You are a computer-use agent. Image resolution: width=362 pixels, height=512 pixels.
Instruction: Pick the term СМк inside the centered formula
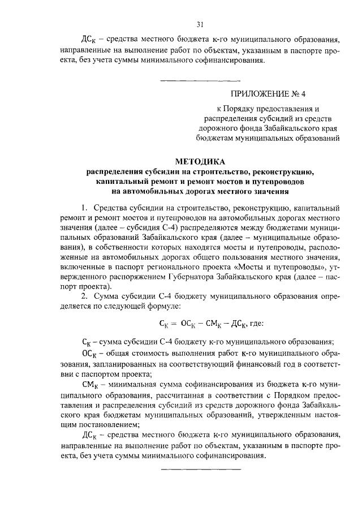click(213, 325)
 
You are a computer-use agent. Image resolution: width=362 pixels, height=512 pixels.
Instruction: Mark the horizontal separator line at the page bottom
click(201, 469)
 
